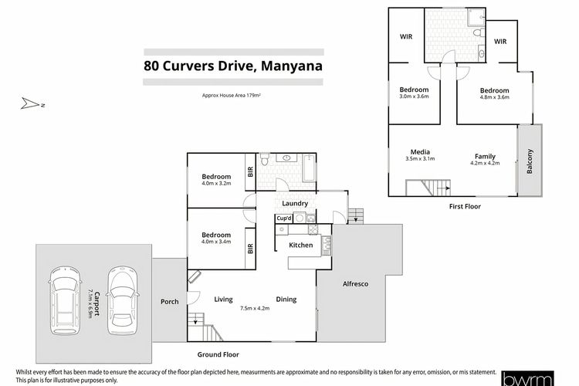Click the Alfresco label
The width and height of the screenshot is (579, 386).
point(355,283)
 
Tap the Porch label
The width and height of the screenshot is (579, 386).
point(170,301)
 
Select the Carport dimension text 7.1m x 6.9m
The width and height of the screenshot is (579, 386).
point(90,303)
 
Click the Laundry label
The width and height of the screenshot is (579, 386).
point(295,204)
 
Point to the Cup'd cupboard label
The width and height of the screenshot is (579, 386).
point(284,218)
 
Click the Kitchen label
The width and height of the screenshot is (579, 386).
point(300,245)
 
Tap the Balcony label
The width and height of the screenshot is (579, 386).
point(530,161)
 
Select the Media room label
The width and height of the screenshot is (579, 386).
point(420,152)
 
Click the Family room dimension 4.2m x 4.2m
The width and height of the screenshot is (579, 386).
point(485,163)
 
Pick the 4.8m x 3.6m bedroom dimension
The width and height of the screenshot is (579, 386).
point(494,97)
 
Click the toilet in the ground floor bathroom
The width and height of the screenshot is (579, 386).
point(264,159)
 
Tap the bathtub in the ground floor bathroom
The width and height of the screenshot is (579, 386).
point(309,168)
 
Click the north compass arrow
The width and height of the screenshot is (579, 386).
point(30,103)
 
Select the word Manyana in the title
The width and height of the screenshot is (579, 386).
point(292,66)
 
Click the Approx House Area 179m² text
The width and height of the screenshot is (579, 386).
point(231,95)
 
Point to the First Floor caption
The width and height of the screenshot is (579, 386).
point(465,206)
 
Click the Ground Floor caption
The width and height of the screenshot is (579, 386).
point(218,354)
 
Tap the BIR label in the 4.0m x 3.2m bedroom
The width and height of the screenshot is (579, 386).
point(250,171)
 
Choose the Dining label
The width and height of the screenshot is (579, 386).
point(286,300)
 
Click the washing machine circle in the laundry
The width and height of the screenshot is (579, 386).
point(300,218)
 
